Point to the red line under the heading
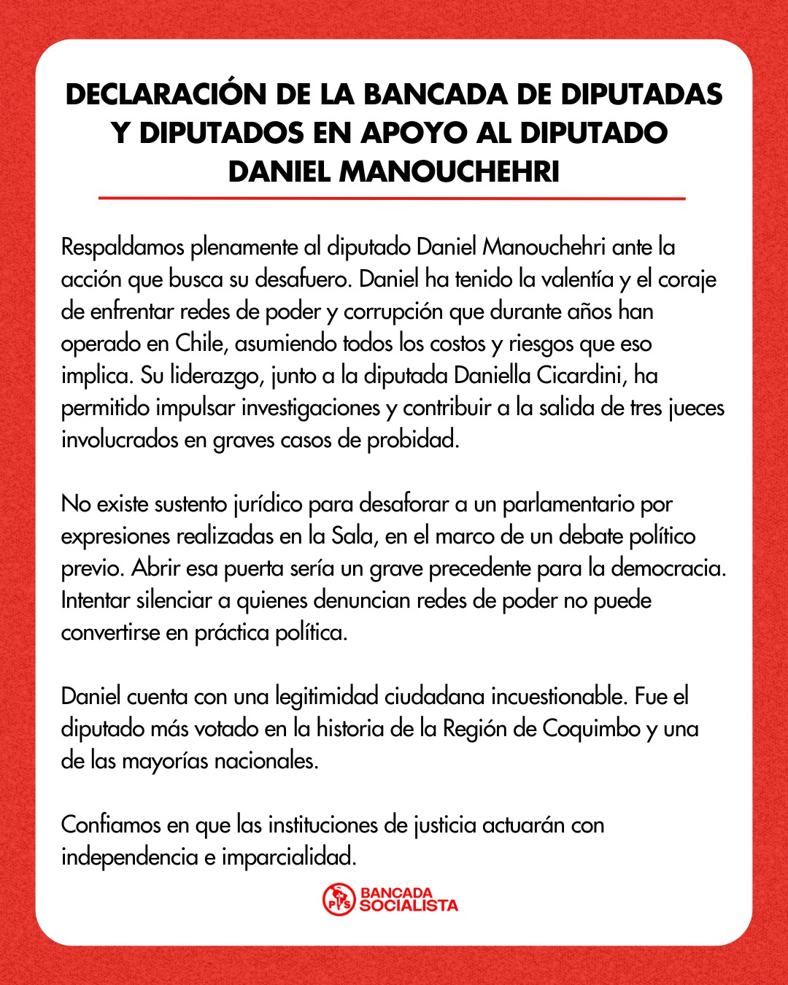coord(392,198)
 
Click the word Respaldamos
coord(123,247)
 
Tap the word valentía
coord(571,279)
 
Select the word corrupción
coord(393,312)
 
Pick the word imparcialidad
coord(289,857)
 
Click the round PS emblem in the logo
coord(339,899)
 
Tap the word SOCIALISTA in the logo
coord(409,906)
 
